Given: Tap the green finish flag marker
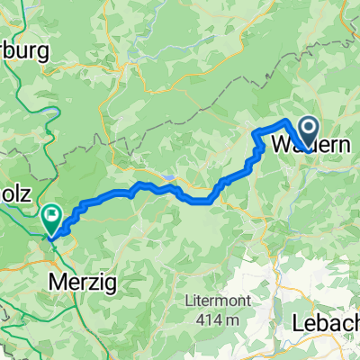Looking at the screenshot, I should click(51, 216).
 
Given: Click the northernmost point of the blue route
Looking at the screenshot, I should click(286, 121).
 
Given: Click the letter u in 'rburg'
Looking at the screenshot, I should click(22, 52).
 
